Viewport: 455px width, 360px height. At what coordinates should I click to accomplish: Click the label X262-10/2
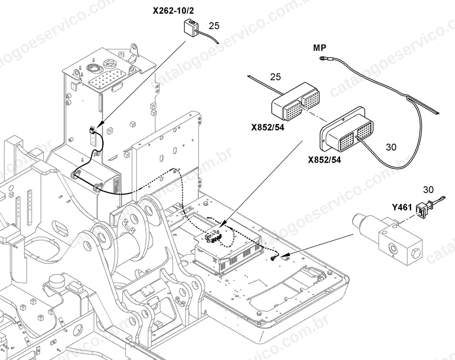173,11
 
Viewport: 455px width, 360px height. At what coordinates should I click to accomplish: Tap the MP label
320,48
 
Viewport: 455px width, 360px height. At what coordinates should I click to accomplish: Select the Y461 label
402,207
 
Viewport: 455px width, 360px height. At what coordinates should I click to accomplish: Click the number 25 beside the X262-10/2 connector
214,26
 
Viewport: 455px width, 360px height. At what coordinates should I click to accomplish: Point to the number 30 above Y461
428,189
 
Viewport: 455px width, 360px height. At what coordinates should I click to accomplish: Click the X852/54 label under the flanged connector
324,160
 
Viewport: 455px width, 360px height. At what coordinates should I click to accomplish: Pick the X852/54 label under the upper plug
268,127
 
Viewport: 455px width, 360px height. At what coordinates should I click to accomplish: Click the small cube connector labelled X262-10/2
191,27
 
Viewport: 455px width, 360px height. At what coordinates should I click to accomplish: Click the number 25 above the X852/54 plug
275,77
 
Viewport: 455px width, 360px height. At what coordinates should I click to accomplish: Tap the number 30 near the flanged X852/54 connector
391,147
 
